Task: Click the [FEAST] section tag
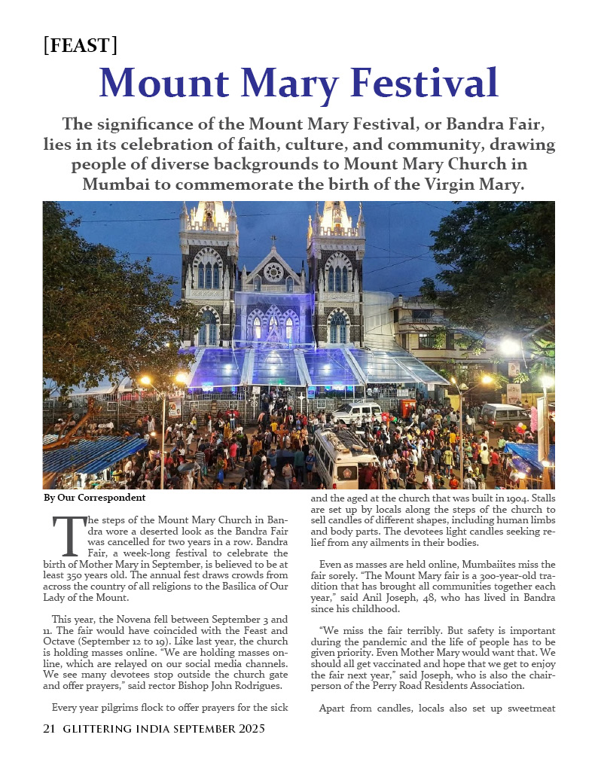tap(81, 45)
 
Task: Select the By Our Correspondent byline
tap(94, 498)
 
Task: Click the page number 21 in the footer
tap(50, 729)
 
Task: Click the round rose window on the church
tap(273, 271)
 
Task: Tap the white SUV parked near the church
tap(357, 412)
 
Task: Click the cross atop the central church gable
tap(273, 241)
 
